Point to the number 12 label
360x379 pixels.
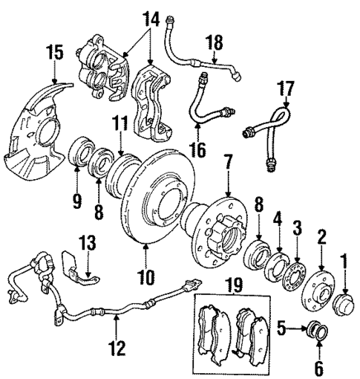tap(117, 346)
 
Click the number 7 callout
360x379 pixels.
tap(228, 161)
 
